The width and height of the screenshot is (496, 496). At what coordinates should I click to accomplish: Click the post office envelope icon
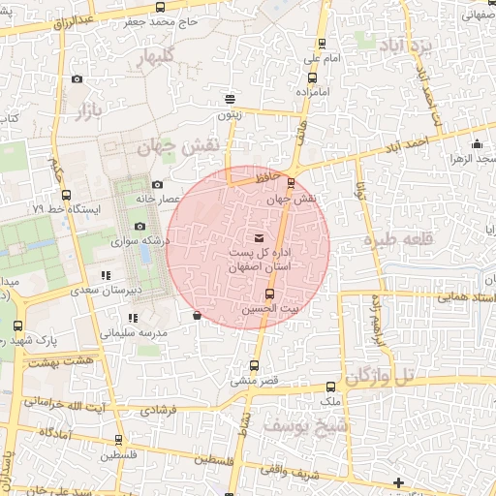pos(258,237)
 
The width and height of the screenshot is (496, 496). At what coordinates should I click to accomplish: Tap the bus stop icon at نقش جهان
pos(292,182)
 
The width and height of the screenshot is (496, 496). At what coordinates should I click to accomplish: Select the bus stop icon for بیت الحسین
pos(269,294)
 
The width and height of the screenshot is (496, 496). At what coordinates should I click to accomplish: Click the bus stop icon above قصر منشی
pos(255,366)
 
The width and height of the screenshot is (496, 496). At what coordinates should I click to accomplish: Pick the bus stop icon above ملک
pos(331,387)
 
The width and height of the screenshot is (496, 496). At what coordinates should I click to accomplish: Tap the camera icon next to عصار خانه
pos(158,184)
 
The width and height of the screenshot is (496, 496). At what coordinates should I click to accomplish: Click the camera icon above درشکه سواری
pos(139,226)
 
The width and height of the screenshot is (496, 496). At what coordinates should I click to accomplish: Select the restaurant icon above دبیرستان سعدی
pos(105,277)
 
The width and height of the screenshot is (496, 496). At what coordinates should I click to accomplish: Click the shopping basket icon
pos(197,315)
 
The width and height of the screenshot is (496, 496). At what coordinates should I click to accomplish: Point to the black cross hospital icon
pos(398,481)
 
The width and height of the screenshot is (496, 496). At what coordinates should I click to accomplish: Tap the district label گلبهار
pos(160,60)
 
